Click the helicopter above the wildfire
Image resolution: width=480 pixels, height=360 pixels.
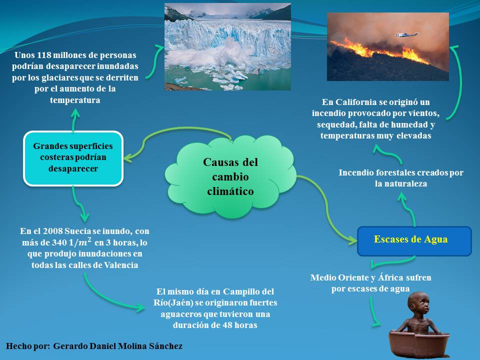click(406, 34)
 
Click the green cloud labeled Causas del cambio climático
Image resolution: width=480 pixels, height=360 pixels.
click(230, 176)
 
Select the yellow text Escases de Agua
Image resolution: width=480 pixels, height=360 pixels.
click(410, 239)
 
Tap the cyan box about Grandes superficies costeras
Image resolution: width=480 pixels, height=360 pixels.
click(73, 158)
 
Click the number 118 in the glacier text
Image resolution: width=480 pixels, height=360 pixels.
click(44, 55)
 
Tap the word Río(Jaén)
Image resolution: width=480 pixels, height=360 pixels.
click(173, 303)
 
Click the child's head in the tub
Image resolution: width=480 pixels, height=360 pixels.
click(418, 301)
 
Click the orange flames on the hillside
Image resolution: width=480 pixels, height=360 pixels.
click(379, 50)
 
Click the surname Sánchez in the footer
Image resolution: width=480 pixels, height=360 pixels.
click(165, 346)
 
